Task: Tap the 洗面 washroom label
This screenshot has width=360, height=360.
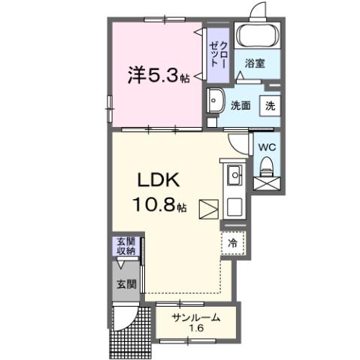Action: (x=240, y=106)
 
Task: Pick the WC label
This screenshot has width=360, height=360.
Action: (x=267, y=147)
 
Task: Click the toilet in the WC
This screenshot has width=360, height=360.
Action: (x=267, y=177)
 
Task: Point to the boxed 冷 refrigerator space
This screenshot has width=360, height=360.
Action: (x=233, y=243)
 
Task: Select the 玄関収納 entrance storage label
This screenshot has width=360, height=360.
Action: (x=126, y=247)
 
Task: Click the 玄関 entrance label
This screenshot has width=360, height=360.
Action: (x=126, y=284)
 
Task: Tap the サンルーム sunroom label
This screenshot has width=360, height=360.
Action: (x=196, y=317)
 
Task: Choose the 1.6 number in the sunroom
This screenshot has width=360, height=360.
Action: (x=195, y=329)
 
